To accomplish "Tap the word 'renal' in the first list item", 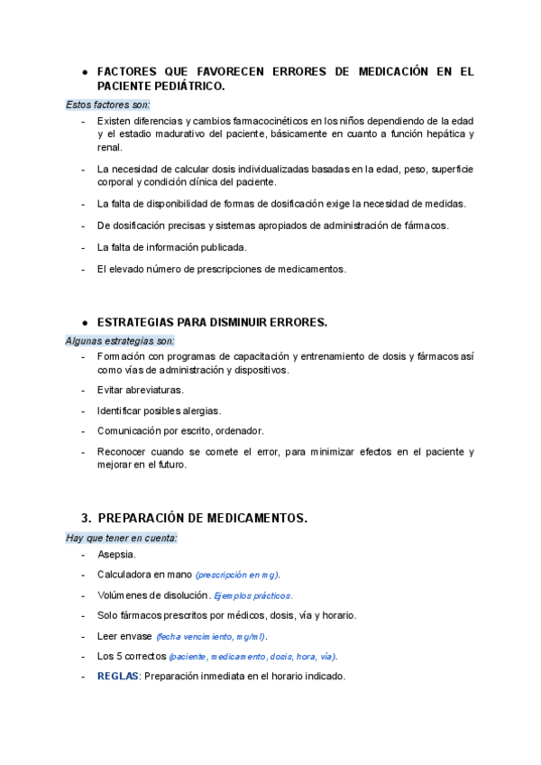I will coord(110,147).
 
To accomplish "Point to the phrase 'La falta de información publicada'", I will coord(171,246).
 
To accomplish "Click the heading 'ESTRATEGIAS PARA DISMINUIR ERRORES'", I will coord(212,322).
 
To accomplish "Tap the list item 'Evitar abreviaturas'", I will coord(140,390).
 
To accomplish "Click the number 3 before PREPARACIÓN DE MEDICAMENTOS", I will coord(85,518).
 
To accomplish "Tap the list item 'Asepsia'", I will coord(116,555).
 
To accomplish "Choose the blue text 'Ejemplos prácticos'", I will coord(253,595).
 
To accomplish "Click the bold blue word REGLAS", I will coord(117,677).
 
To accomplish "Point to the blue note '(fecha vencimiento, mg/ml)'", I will coord(211,636).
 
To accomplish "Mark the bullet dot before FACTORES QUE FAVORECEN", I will coord(84,70).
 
